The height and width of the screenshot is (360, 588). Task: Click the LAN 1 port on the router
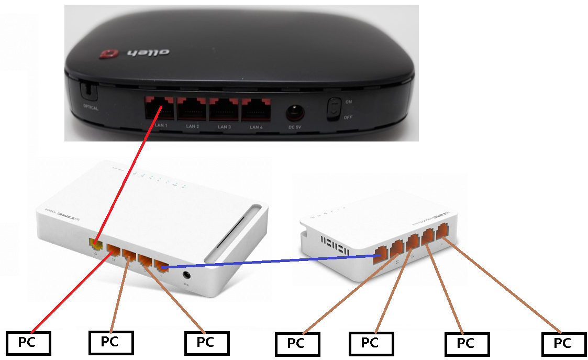[x=160, y=109]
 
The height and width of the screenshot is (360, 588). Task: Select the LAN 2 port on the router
[x=192, y=110]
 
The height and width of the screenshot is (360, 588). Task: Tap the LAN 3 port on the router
[x=224, y=110]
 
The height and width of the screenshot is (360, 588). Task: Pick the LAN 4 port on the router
[x=256, y=110]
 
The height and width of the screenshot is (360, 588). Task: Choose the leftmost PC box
[x=28, y=343]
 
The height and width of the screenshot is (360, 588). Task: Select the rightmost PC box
[x=563, y=344]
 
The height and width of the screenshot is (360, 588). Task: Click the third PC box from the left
[x=207, y=343]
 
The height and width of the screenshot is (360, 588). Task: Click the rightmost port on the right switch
[x=443, y=231]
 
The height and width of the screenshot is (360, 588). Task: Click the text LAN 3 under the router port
[x=224, y=127]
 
